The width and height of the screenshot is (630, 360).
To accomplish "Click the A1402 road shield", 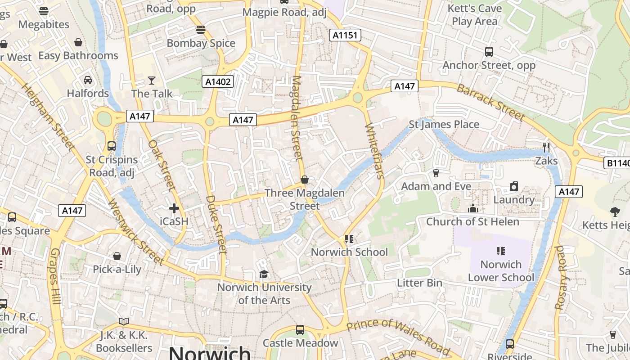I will [218, 81].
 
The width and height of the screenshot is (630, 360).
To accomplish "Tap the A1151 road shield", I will [345, 36].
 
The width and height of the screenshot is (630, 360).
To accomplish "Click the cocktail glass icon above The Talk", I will [152, 81].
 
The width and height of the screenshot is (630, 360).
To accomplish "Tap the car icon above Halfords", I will [88, 80].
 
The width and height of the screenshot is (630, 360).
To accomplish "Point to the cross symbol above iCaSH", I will [174, 208].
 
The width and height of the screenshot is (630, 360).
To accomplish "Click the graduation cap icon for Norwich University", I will [264, 274].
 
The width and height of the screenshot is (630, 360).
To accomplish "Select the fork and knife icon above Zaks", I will [546, 147].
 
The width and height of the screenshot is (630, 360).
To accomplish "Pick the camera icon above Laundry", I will [514, 186].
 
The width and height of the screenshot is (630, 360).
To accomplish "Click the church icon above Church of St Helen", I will [472, 208].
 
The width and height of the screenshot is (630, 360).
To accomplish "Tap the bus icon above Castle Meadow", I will [300, 330].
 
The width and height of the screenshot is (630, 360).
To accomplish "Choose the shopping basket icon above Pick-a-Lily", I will [117, 256].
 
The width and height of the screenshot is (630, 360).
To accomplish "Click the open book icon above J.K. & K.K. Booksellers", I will [124, 321].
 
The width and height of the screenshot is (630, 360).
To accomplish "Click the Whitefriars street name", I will [375, 151].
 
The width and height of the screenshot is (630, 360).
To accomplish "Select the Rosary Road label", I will [559, 277].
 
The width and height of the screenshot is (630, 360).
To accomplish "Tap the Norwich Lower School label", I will [501, 271].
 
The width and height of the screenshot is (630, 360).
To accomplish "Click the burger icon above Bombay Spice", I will [201, 30].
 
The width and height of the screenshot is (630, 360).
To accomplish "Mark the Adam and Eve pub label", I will [436, 186].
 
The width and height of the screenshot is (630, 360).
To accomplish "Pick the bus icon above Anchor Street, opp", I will [489, 52].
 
